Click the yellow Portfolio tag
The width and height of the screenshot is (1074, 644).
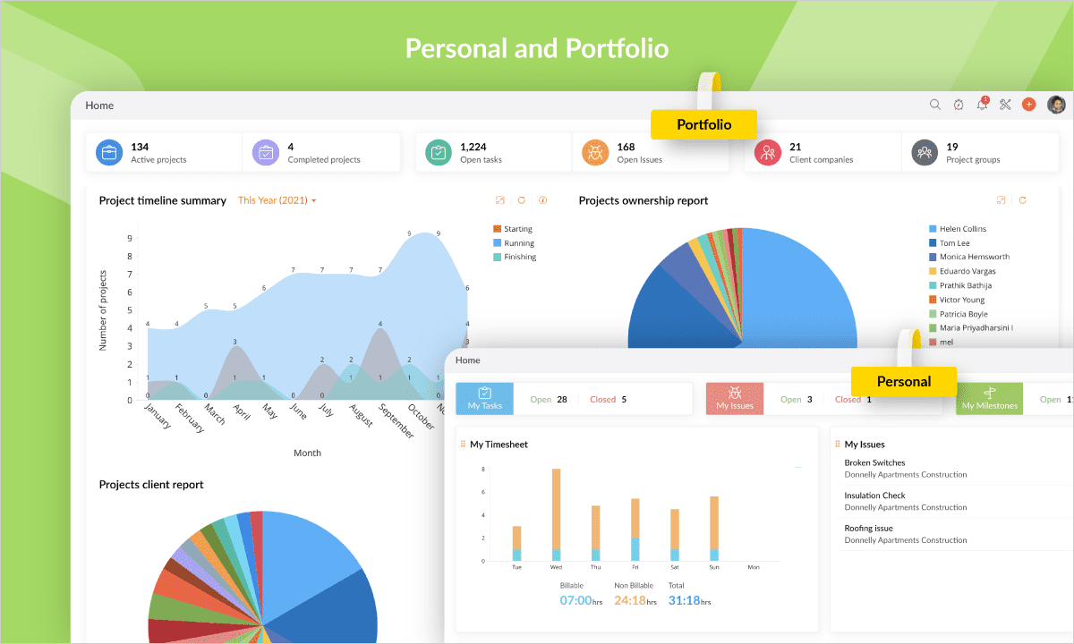pyautogui.click(x=703, y=124)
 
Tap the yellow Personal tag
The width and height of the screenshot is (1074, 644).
pyautogui.click(x=903, y=381)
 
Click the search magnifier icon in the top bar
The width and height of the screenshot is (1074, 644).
pyautogui.click(x=935, y=105)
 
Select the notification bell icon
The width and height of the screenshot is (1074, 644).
pyautogui.click(x=982, y=105)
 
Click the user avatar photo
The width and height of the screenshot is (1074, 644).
pyautogui.click(x=1056, y=105)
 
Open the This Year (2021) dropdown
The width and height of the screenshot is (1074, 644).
pyautogui.click(x=277, y=200)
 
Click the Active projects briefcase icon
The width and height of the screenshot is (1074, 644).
pyautogui.click(x=110, y=153)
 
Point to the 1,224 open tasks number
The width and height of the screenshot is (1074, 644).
pyautogui.click(x=473, y=147)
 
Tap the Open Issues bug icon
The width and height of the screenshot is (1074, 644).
pyautogui.click(x=595, y=153)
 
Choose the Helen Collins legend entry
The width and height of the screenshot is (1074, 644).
pyautogui.click(x=962, y=229)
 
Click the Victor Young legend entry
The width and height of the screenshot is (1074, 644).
pyautogui.click(x=961, y=300)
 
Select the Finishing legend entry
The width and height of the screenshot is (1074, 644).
pyautogui.click(x=519, y=257)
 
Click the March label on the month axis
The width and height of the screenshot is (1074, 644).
pyautogui.click(x=216, y=414)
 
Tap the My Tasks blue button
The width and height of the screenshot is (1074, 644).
pyautogui.click(x=485, y=399)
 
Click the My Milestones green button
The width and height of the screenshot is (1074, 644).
pyautogui.click(x=989, y=399)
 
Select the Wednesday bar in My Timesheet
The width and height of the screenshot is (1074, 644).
pyautogui.click(x=556, y=515)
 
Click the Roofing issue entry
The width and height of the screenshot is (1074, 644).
pyautogui.click(x=868, y=528)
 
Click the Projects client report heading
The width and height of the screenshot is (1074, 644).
pyautogui.click(x=151, y=484)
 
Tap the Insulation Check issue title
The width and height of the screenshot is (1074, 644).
pyautogui.click(x=874, y=495)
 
